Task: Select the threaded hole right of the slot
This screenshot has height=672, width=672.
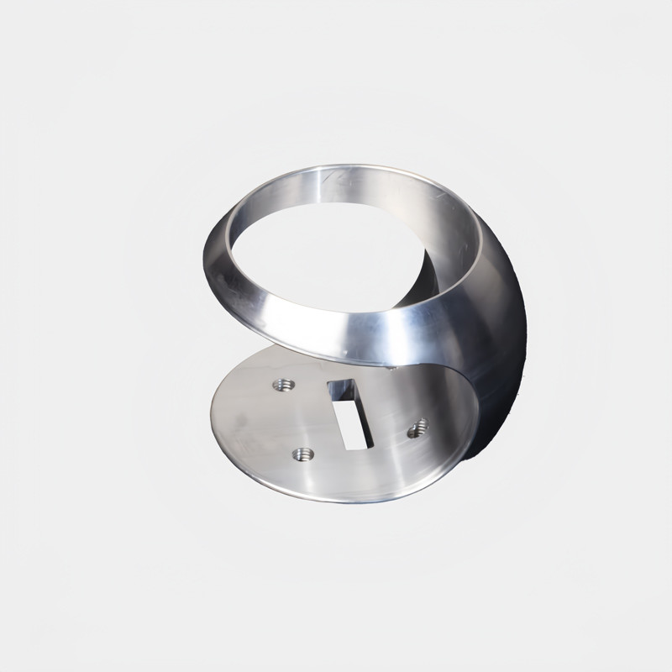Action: [415, 432]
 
